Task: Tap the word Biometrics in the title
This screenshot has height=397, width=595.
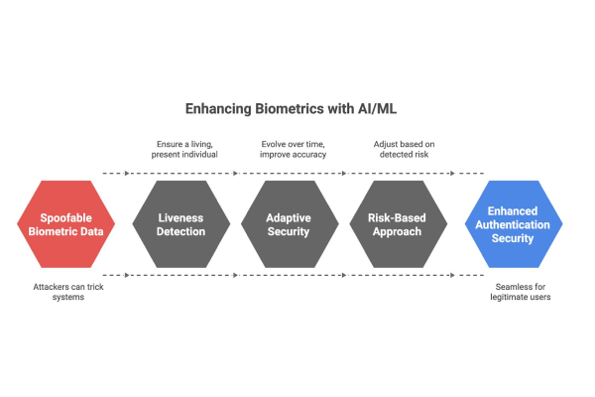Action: [x=292, y=109]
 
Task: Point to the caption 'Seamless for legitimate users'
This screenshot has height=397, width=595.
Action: [x=522, y=292]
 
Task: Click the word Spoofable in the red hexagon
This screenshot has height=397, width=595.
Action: [x=63, y=216]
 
